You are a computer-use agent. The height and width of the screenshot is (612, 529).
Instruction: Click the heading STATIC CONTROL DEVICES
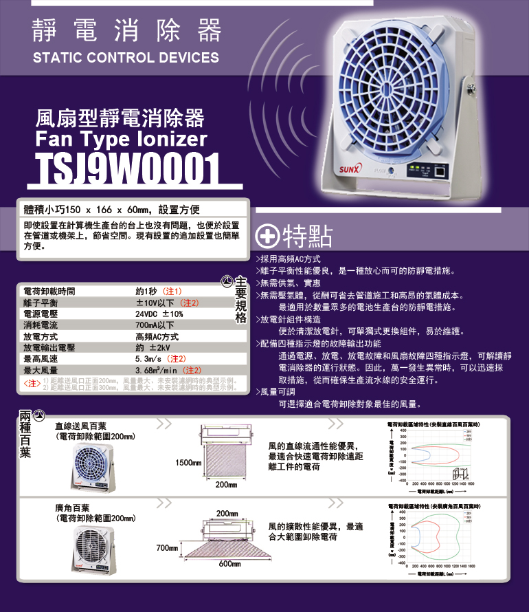point(126,58)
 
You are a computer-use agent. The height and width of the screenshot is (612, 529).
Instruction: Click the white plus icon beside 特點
point(267,237)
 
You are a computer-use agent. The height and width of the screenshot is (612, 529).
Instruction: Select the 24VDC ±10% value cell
point(160,314)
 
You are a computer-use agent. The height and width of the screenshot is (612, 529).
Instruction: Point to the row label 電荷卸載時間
point(49,291)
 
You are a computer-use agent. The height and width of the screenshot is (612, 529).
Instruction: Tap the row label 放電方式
point(41,337)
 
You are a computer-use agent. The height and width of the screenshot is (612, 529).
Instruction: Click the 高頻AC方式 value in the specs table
point(157,337)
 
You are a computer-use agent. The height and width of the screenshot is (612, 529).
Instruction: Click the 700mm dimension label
point(168,547)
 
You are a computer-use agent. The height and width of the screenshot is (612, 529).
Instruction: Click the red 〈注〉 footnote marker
point(30,383)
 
